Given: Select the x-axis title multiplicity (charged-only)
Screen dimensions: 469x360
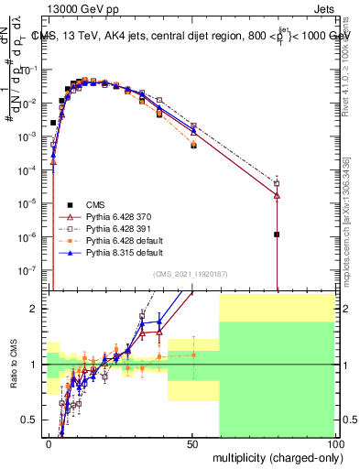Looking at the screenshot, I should point(274,455).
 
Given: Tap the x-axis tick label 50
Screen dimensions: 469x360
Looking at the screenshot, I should point(192,442).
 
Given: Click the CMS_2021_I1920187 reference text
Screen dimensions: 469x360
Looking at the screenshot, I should point(191,273).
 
